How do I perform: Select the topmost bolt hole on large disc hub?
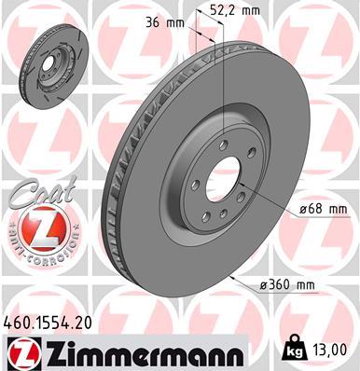225,144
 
